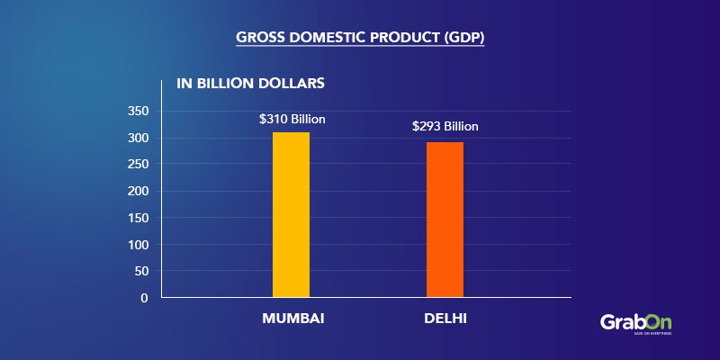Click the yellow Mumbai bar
(x=291, y=214)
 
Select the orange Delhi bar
(x=445, y=219)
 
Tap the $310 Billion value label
(x=292, y=119)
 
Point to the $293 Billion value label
(x=445, y=127)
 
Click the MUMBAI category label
(x=293, y=319)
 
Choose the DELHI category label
(x=445, y=319)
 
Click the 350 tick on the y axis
(x=137, y=112)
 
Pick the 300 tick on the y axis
(x=137, y=139)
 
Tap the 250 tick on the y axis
(x=137, y=165)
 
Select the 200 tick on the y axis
(x=137, y=191)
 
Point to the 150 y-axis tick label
(x=137, y=218)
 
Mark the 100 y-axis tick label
(x=137, y=245)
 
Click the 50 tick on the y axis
(x=141, y=271)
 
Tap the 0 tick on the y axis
(x=145, y=298)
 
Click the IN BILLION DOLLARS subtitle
(x=250, y=85)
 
